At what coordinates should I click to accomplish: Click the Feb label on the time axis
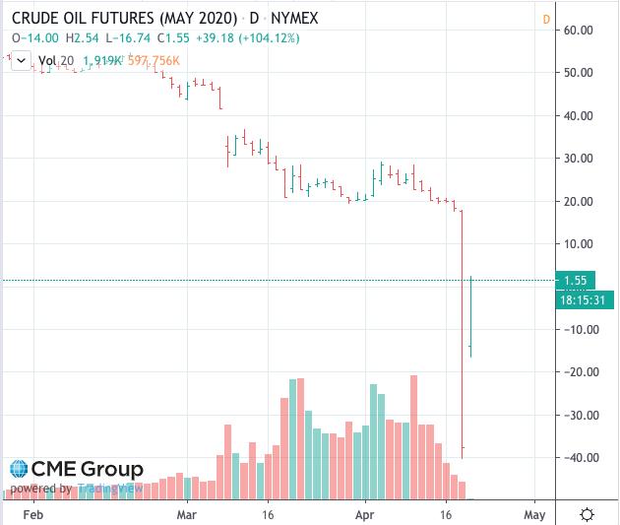tap(32, 514)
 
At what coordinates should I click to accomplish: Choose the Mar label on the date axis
tap(188, 514)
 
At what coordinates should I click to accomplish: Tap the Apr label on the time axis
tap(365, 514)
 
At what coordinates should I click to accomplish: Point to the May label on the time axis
tap(534, 514)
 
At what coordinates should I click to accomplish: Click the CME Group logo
tap(77, 470)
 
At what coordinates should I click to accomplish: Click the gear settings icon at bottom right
tap(587, 514)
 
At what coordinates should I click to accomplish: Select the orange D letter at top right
tap(546, 19)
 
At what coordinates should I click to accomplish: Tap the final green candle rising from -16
tap(471, 315)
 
